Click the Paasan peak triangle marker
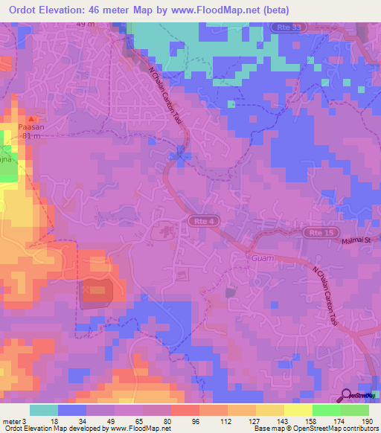coord(31,119)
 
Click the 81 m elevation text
coord(31,136)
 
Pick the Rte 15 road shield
coord(315,233)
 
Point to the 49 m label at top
coord(86,24)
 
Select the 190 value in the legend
coord(368,421)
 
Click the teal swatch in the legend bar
coord(44,410)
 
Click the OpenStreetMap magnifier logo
coord(346,397)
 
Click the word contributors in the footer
coord(360,429)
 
